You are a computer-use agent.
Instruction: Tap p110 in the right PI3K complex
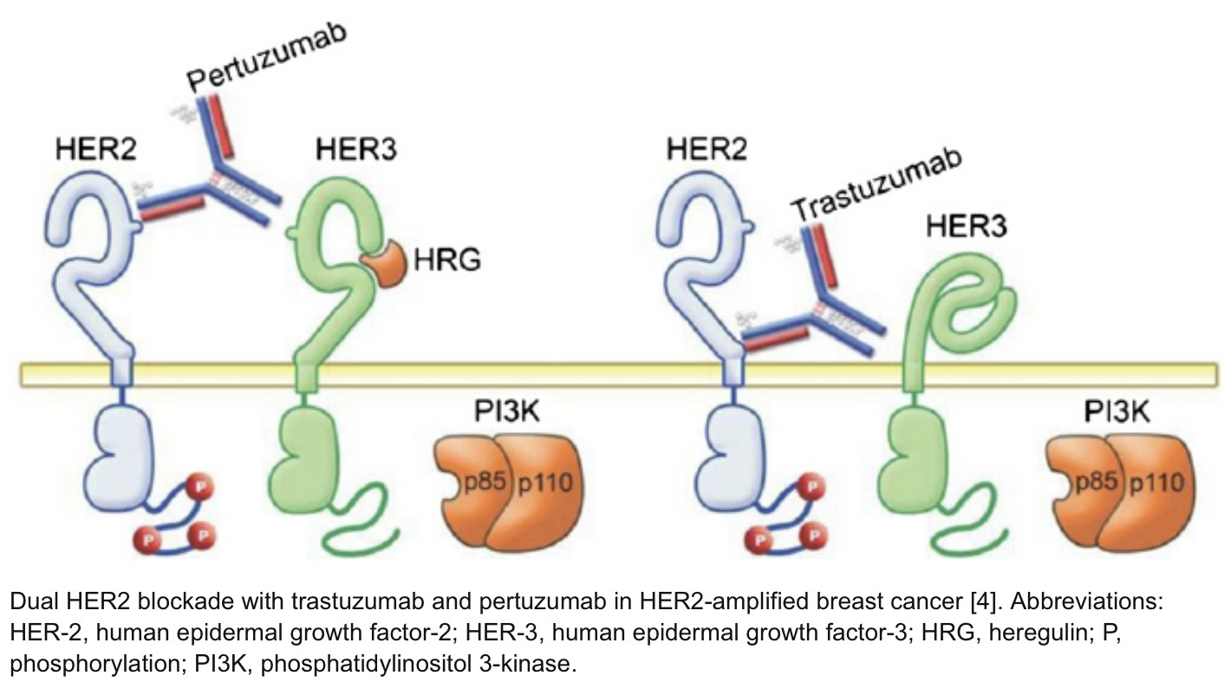pyautogui.click(x=1156, y=483)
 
